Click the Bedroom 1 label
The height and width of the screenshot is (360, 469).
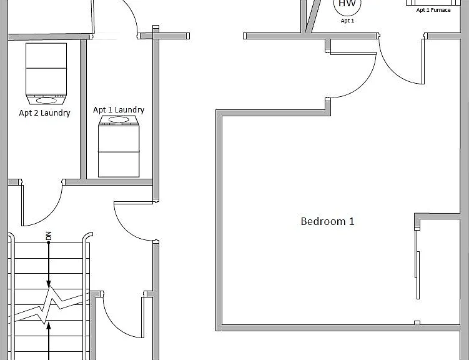327,221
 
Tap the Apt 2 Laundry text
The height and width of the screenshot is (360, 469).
44,113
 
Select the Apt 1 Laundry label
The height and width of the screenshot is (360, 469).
119,110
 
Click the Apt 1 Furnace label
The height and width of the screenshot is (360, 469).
433,10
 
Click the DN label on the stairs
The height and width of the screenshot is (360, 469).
49,236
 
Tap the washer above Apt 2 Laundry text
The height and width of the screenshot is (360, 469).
46,74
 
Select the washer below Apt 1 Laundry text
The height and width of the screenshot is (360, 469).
119,146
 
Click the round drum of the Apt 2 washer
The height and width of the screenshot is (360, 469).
46,100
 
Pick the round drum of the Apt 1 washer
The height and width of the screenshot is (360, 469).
119,120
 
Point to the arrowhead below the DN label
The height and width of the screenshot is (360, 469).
49,283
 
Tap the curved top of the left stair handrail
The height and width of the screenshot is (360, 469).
11,236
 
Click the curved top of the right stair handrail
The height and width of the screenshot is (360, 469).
87,235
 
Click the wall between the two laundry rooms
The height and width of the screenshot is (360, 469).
83,109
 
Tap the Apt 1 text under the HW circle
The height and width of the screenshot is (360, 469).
347,21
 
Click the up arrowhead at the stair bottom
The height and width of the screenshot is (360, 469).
49,326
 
